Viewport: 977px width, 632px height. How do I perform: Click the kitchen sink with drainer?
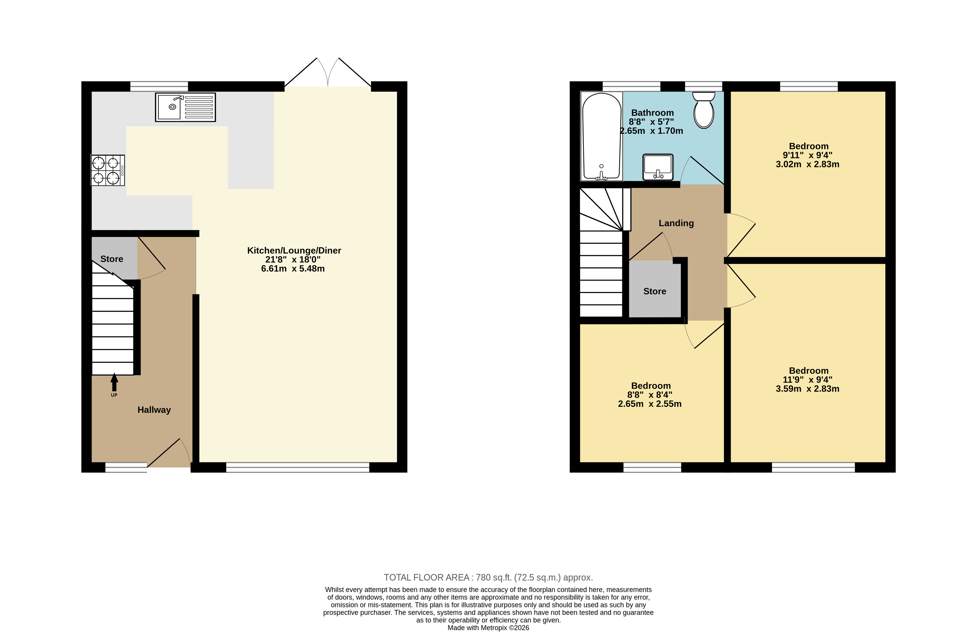pos(185,107)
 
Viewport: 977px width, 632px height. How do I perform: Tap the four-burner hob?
pos(108,170)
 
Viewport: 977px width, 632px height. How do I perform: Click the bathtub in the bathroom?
pos(601,136)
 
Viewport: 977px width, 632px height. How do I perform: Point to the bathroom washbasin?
pos(658,167)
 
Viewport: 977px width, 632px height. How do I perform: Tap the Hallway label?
pos(154,409)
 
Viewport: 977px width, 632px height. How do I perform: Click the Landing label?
pos(676,223)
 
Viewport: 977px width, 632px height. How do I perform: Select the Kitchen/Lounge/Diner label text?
pos(294,250)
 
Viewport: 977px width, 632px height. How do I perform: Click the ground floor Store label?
pos(112,259)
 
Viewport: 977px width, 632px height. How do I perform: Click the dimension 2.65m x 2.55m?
pos(650,404)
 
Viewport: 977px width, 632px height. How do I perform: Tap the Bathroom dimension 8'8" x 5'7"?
pos(651,122)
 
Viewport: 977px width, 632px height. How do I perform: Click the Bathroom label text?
pos(652,113)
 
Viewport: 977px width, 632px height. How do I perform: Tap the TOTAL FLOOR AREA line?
pos(488,577)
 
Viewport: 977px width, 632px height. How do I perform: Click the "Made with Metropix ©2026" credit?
pos(488,628)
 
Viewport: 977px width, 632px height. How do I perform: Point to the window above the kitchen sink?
pos(159,86)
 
